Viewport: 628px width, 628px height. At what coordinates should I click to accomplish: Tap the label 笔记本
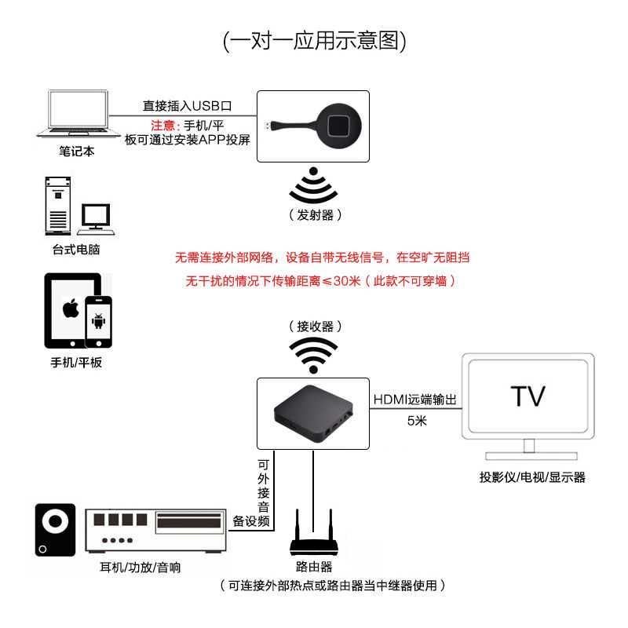[x=77, y=152]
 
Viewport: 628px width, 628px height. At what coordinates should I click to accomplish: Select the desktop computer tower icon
[x=57, y=205]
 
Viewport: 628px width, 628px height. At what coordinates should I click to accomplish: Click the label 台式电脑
[x=77, y=250]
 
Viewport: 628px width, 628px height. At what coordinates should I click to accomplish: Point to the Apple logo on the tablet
[x=71, y=308]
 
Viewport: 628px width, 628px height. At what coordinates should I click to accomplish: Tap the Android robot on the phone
[x=99, y=322]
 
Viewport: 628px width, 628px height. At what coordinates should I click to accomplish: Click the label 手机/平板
[x=76, y=362]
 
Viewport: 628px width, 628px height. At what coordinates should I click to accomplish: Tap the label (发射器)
[x=315, y=215]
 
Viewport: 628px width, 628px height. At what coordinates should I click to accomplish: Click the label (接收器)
[x=314, y=327]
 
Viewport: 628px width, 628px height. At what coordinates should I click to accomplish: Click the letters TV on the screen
[x=527, y=396]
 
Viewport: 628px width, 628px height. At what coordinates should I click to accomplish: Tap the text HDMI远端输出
[x=414, y=400]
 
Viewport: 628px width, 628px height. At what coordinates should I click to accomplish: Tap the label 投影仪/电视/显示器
[x=532, y=476]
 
